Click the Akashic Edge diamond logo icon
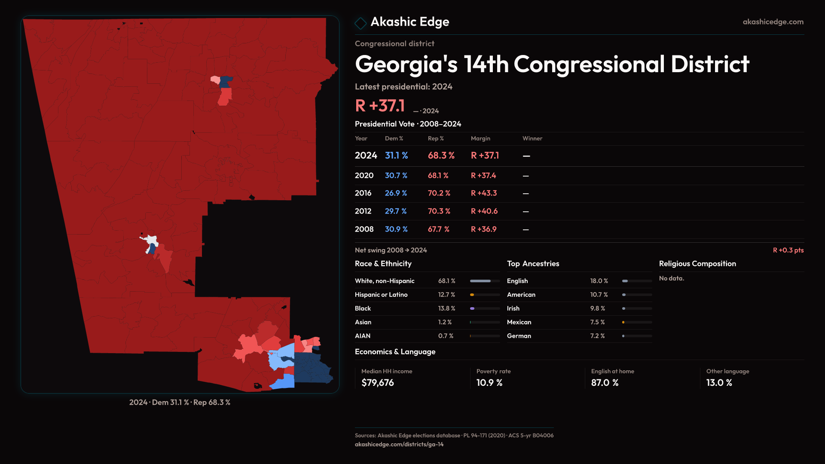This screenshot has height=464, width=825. pyautogui.click(x=361, y=23)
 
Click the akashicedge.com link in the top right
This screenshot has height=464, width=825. pyautogui.click(x=773, y=22)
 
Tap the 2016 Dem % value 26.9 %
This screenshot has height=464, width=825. pyautogui.click(x=396, y=193)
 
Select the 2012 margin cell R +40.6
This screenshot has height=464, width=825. pyautogui.click(x=484, y=211)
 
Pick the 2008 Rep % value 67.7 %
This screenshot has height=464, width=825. pyautogui.click(x=438, y=229)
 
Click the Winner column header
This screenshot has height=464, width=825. pyautogui.click(x=532, y=138)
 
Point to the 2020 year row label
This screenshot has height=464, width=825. pyautogui.click(x=364, y=176)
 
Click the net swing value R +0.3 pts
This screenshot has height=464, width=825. pyautogui.click(x=788, y=250)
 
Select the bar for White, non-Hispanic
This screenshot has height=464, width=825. pyautogui.click(x=485, y=281)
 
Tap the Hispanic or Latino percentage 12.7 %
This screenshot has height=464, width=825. pyautogui.click(x=446, y=295)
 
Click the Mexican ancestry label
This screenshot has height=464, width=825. pyautogui.click(x=519, y=322)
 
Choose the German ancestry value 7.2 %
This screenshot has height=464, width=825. pyautogui.click(x=597, y=336)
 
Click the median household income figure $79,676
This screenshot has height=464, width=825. pyautogui.click(x=378, y=383)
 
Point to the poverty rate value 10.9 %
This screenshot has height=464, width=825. pyautogui.click(x=489, y=383)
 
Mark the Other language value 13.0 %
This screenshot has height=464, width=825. pyautogui.click(x=719, y=383)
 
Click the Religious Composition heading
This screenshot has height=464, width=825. pyautogui.click(x=697, y=264)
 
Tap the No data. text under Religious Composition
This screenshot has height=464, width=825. pyautogui.click(x=672, y=278)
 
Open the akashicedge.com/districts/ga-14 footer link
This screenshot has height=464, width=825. pyautogui.click(x=399, y=444)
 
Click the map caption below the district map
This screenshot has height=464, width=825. pyautogui.click(x=180, y=403)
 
